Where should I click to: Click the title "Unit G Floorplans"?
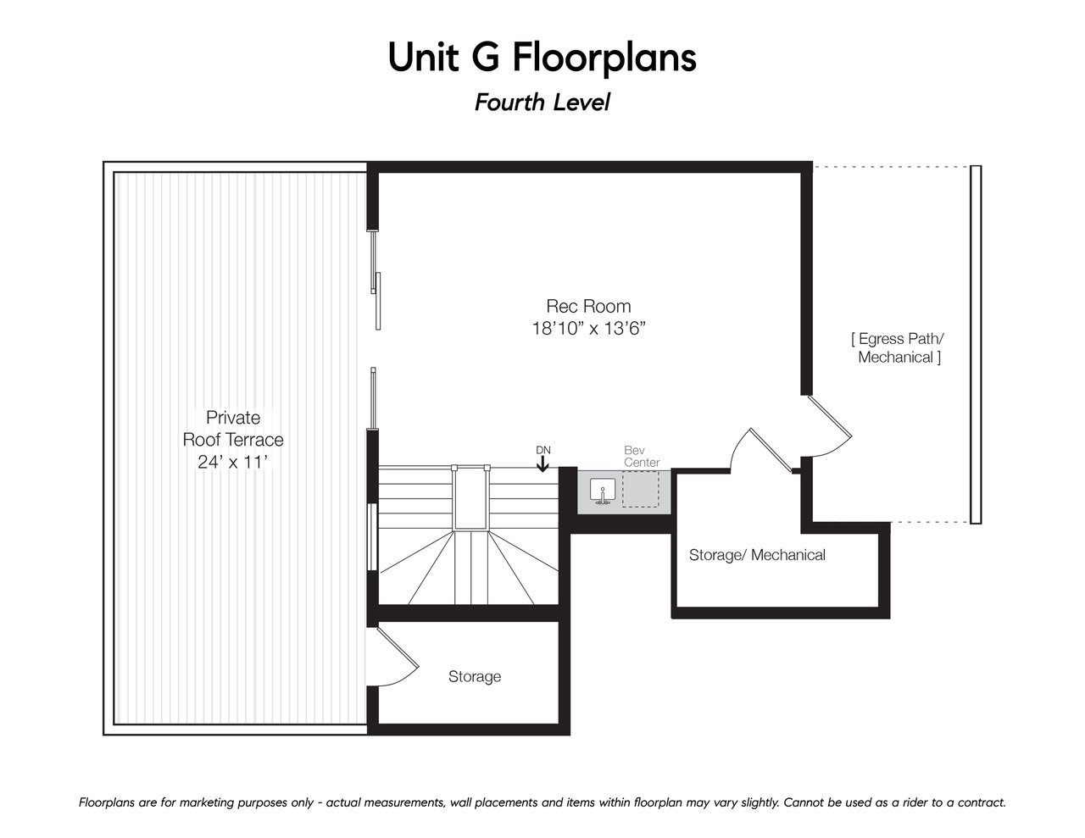[542, 58]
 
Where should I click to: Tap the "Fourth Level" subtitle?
[542, 103]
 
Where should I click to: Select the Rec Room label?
[588, 305]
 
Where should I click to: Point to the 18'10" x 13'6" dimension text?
[588, 329]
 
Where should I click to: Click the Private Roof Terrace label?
[233, 428]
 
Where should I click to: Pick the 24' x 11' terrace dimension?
[233, 462]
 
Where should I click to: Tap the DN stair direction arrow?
[542, 464]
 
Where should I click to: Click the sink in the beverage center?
[603, 491]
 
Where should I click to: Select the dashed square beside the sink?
[641, 489]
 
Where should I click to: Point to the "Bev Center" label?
[642, 456]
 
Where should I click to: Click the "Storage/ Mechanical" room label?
[757, 554]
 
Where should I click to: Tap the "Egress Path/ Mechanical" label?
[899, 348]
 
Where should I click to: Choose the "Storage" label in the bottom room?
[475, 676]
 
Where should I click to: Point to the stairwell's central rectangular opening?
[470, 497]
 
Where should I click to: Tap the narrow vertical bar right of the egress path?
[976, 344]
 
